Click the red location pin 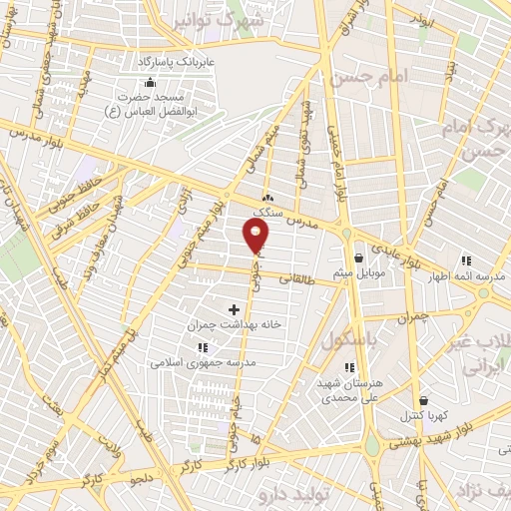click(256, 236)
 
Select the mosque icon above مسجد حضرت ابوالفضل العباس click(150, 82)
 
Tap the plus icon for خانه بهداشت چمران click(235, 310)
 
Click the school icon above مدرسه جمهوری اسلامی click(204, 347)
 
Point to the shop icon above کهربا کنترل click(423, 399)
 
